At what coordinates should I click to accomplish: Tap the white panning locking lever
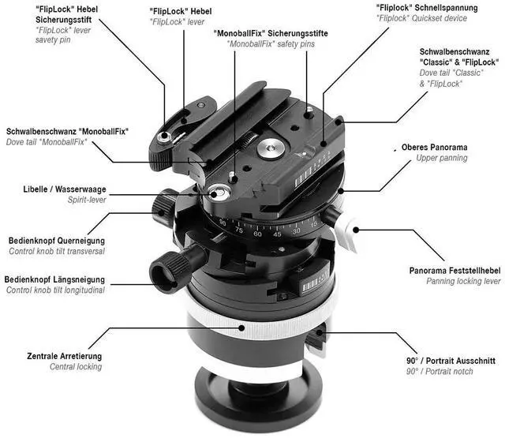click(346, 234)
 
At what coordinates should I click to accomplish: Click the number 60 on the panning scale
click(257, 234)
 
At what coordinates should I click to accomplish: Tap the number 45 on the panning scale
click(277, 234)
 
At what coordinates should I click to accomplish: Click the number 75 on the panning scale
click(239, 230)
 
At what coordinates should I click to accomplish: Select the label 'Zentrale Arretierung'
click(65, 356)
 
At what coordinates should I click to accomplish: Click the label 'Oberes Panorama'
click(434, 147)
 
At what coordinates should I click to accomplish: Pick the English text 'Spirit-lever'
click(87, 200)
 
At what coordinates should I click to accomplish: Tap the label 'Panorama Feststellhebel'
click(454, 271)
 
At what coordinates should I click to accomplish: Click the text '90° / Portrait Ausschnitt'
click(451, 361)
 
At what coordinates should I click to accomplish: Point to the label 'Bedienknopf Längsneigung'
click(54, 279)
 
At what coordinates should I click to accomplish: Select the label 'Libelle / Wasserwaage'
click(65, 189)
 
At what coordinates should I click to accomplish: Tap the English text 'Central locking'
click(76, 366)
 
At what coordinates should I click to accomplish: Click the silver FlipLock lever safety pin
click(164, 137)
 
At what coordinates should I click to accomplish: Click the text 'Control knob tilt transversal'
click(57, 251)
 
